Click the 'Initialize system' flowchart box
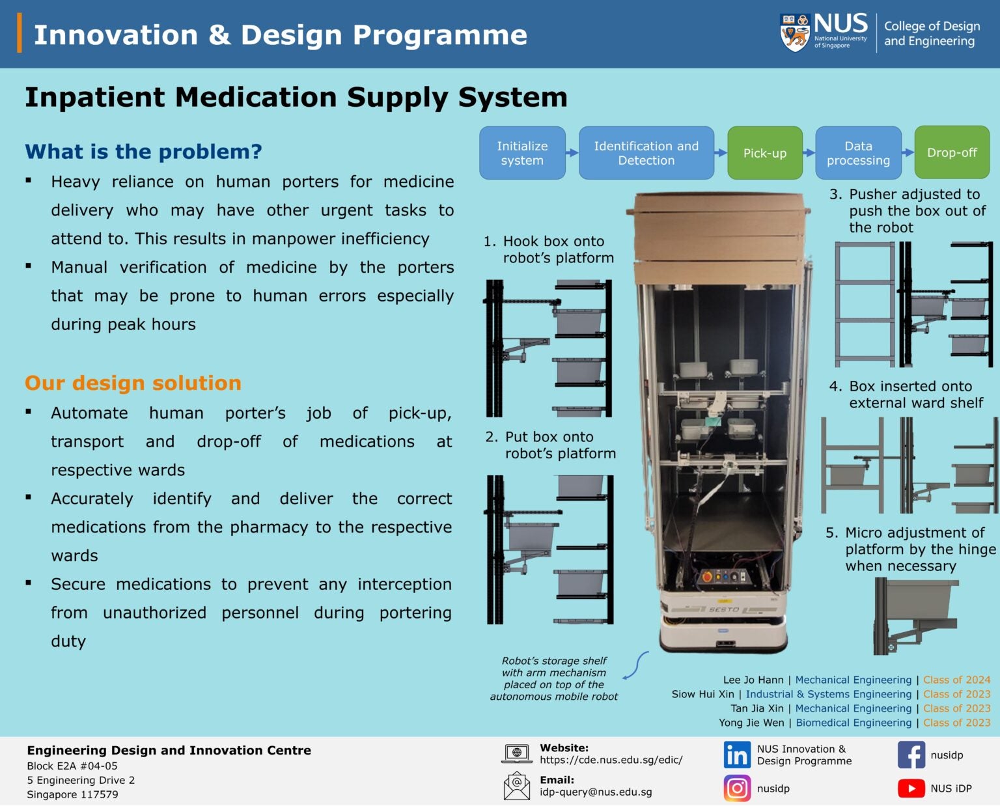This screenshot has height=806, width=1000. click(x=522, y=153)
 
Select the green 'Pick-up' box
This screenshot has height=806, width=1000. click(x=764, y=153)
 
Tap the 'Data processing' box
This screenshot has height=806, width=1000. click(x=858, y=153)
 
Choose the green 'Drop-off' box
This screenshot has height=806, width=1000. click(x=952, y=153)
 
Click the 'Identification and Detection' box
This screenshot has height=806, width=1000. click(x=646, y=153)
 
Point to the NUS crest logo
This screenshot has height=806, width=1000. click(x=795, y=33)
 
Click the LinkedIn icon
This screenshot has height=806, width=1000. click(x=737, y=755)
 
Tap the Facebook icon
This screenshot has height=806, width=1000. click(x=911, y=755)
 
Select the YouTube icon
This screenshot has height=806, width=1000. click(x=911, y=788)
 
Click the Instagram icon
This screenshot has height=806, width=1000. click(x=737, y=788)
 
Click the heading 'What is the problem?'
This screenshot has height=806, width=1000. click(x=143, y=152)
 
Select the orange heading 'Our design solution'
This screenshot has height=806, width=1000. click(x=133, y=383)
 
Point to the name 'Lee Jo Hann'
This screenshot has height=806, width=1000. click(x=753, y=680)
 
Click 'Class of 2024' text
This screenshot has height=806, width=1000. click(x=956, y=680)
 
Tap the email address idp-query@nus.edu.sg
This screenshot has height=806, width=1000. click(x=596, y=792)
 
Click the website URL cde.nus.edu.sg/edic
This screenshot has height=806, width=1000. click(x=611, y=760)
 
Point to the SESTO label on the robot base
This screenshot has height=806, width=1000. click(x=723, y=610)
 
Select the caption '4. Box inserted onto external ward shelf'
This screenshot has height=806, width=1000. click(x=908, y=395)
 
